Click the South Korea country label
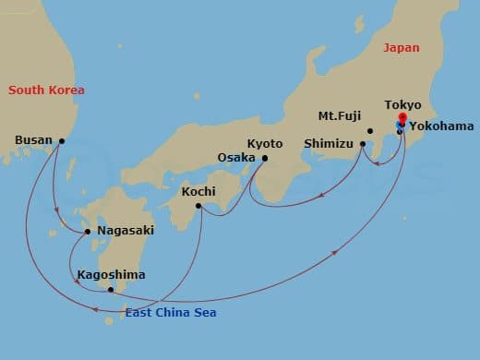click(46, 90)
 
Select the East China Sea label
click(173, 313)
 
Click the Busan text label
click(34, 141)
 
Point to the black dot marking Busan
click(62, 141)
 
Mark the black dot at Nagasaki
click(88, 231)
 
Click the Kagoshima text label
click(111, 274)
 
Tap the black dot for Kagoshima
click(111, 290)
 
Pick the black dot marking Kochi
click(198, 206)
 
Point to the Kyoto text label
click(265, 143)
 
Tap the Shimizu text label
click(329, 144)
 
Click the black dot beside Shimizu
click(363, 144)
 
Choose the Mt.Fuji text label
click(338, 117)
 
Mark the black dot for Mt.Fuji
click(369, 130)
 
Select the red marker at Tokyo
click(402, 119)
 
